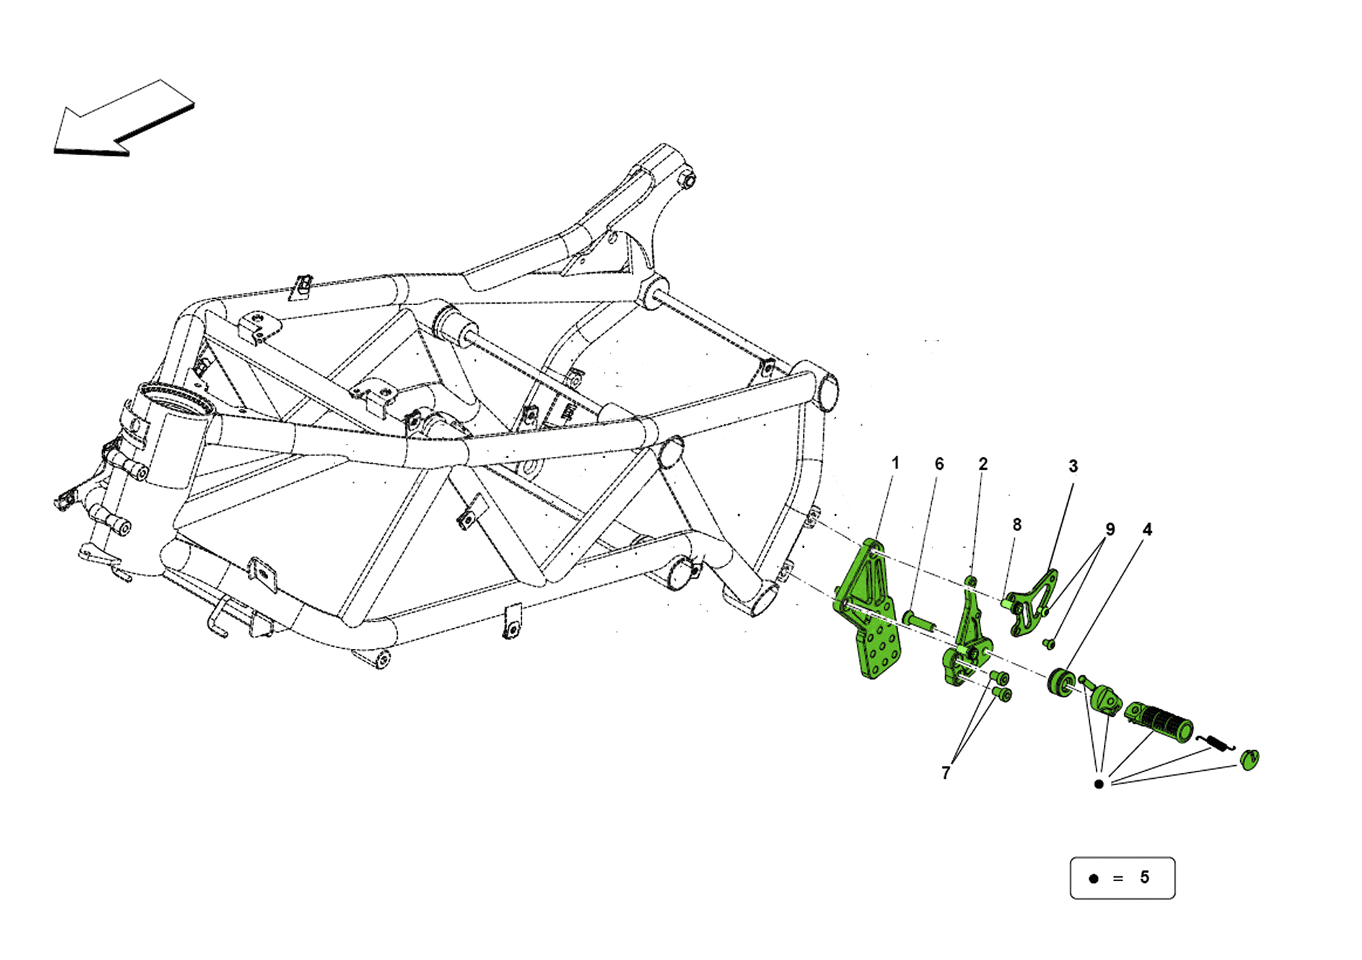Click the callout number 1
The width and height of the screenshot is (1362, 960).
[896, 463]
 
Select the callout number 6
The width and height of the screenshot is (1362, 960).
[939, 464]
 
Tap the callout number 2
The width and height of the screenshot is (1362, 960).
[983, 464]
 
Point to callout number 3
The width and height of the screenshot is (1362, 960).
[1073, 466]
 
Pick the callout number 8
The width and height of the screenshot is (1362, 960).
[1017, 524]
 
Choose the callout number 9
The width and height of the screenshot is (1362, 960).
[1110, 529]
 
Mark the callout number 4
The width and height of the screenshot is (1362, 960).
[1147, 529]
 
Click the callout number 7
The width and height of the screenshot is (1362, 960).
[945, 773]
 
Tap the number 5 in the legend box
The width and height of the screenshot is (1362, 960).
[1145, 877]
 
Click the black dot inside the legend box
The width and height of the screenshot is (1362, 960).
[1094, 878]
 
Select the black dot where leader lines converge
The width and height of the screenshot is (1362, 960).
[1098, 784]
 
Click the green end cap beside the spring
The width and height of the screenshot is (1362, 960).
[1250, 759]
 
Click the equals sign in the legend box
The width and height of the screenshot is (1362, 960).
[1118, 878]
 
